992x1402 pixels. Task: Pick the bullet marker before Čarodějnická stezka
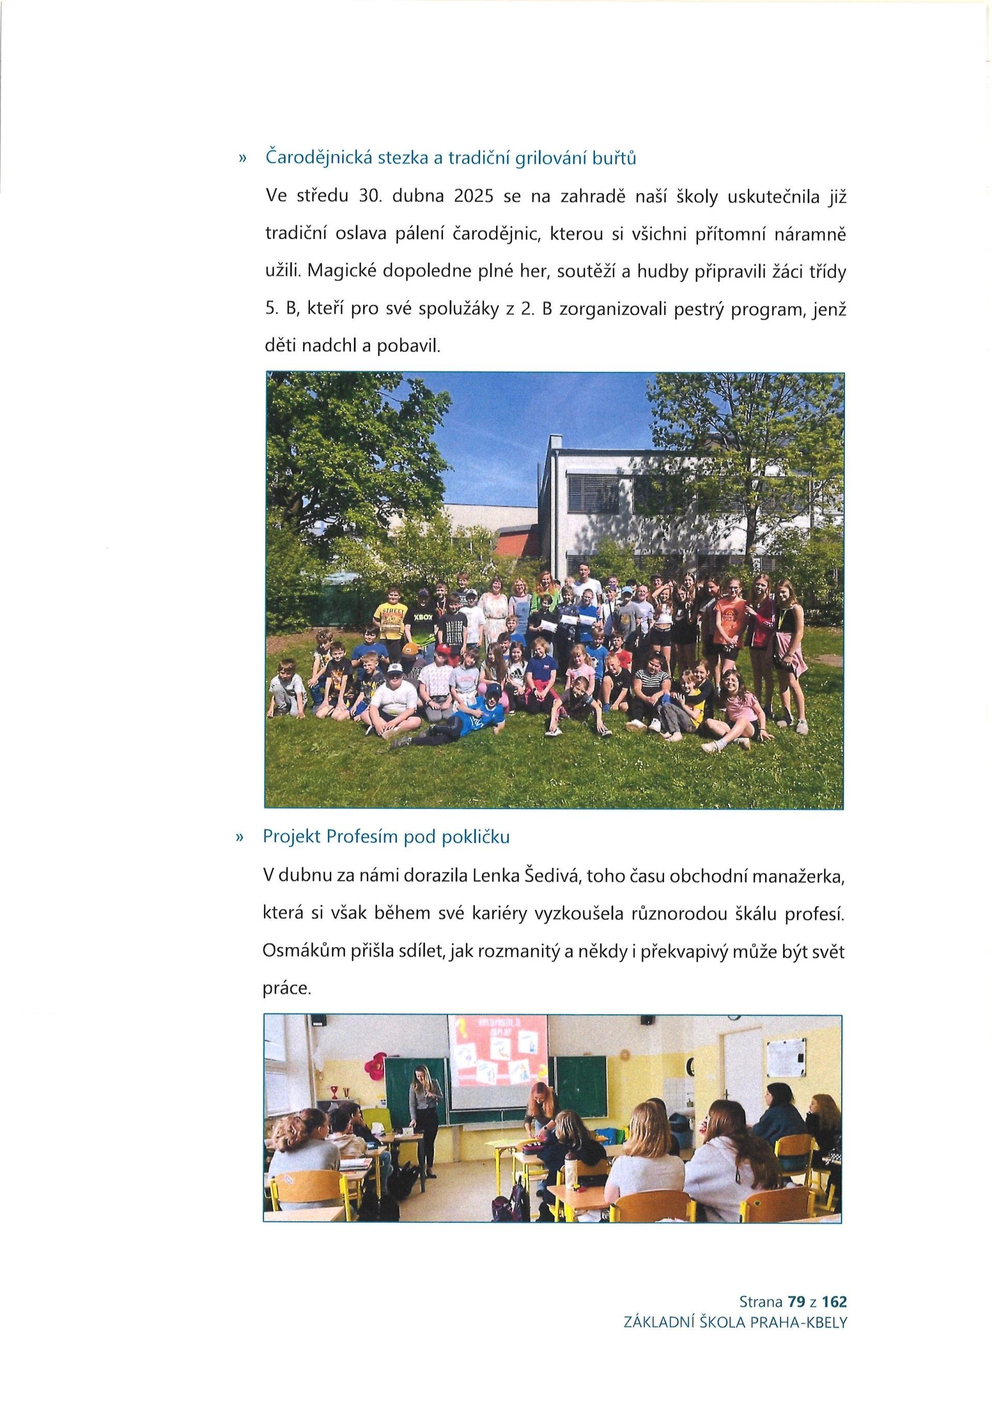[x=242, y=159]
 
